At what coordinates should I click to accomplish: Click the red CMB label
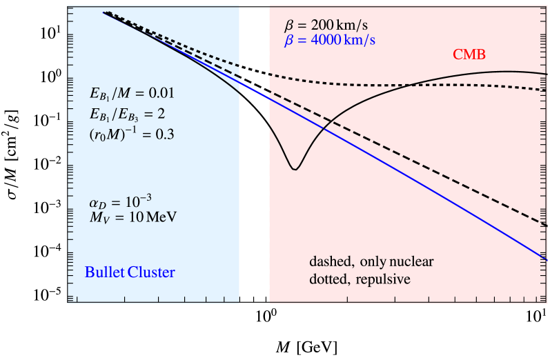(469, 54)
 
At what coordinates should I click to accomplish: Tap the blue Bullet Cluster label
(130, 272)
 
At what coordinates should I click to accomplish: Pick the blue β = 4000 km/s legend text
(330, 40)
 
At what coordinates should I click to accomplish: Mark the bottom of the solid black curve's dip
(295, 169)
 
